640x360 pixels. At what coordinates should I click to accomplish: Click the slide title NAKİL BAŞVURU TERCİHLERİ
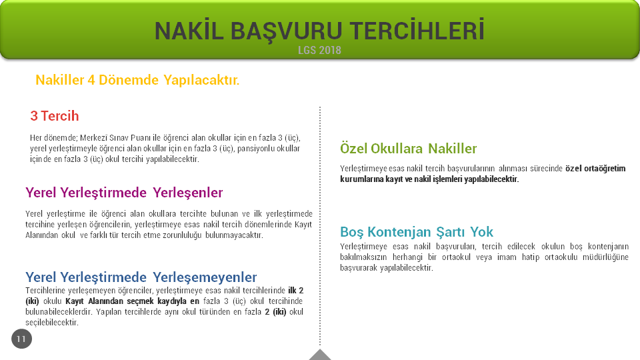pyautogui.click(x=319, y=31)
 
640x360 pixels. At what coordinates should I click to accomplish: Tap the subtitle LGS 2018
pyautogui.click(x=319, y=50)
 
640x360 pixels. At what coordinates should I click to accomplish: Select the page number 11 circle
pyautogui.click(x=21, y=339)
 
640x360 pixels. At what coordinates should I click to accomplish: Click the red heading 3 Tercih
pyautogui.click(x=54, y=116)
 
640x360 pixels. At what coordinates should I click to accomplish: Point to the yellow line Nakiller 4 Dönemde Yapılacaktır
pyautogui.click(x=137, y=80)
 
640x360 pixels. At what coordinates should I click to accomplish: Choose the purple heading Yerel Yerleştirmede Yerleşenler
pyautogui.click(x=124, y=193)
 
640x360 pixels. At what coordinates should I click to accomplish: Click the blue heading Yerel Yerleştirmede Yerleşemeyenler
pyautogui.click(x=141, y=277)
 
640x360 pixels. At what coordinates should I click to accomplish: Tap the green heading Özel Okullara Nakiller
pyautogui.click(x=408, y=149)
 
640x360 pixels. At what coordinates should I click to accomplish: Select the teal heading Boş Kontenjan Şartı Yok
pyautogui.click(x=417, y=232)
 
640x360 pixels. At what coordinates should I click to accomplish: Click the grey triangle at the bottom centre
pyautogui.click(x=320, y=355)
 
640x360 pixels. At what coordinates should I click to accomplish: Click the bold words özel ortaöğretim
pyautogui.click(x=595, y=169)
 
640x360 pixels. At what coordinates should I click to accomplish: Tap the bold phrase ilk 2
pyautogui.click(x=296, y=291)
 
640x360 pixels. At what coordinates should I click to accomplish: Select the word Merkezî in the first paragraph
pyautogui.click(x=93, y=138)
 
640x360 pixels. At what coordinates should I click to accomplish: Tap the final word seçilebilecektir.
pyautogui.click(x=52, y=323)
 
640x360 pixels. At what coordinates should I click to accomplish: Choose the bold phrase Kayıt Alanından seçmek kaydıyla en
pyautogui.click(x=133, y=301)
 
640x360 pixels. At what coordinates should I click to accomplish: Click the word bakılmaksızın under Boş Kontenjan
pyautogui.click(x=364, y=257)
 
